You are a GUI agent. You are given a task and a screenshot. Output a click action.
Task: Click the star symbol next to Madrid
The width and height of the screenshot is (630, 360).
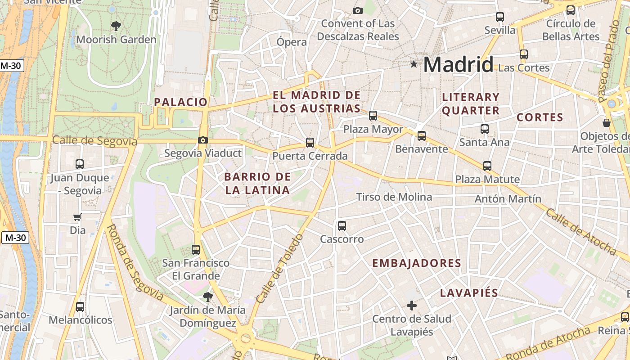click(x=414, y=64)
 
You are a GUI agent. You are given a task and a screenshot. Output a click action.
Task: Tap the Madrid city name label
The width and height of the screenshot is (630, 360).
click(x=458, y=65)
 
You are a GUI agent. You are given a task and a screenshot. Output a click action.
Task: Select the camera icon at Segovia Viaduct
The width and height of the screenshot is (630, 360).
click(x=203, y=140)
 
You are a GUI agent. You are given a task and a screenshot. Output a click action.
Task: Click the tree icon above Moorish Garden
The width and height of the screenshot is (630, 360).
click(x=116, y=26)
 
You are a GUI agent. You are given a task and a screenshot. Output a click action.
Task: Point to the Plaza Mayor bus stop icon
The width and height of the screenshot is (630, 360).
click(x=373, y=116)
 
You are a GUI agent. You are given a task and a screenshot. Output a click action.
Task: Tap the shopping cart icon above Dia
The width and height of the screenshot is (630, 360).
click(x=77, y=217)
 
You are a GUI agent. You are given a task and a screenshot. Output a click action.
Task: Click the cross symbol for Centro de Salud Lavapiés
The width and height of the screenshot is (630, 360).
click(x=411, y=306)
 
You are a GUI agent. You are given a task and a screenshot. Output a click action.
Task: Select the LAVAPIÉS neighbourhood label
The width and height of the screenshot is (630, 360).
click(x=469, y=293)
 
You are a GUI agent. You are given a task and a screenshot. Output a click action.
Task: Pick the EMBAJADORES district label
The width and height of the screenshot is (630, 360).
click(x=417, y=263)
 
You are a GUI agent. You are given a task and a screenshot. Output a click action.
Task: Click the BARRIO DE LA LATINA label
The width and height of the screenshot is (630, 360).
click(x=257, y=183)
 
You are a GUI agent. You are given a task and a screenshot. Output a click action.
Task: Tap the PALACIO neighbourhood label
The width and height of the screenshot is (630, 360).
click(x=180, y=102)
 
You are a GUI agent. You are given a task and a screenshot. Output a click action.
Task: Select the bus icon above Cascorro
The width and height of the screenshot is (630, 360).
click(x=342, y=225)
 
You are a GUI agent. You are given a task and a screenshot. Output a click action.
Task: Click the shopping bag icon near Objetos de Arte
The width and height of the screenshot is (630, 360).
click(x=607, y=122)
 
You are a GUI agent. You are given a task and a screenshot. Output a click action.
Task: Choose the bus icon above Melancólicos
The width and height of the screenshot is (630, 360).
click(x=80, y=307)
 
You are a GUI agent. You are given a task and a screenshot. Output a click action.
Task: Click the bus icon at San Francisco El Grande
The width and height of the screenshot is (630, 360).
click(x=195, y=249)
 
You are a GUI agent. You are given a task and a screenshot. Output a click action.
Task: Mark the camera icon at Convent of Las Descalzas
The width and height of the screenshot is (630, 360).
click(x=358, y=10)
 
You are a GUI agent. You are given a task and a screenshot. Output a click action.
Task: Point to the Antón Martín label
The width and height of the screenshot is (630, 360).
click(x=508, y=198)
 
